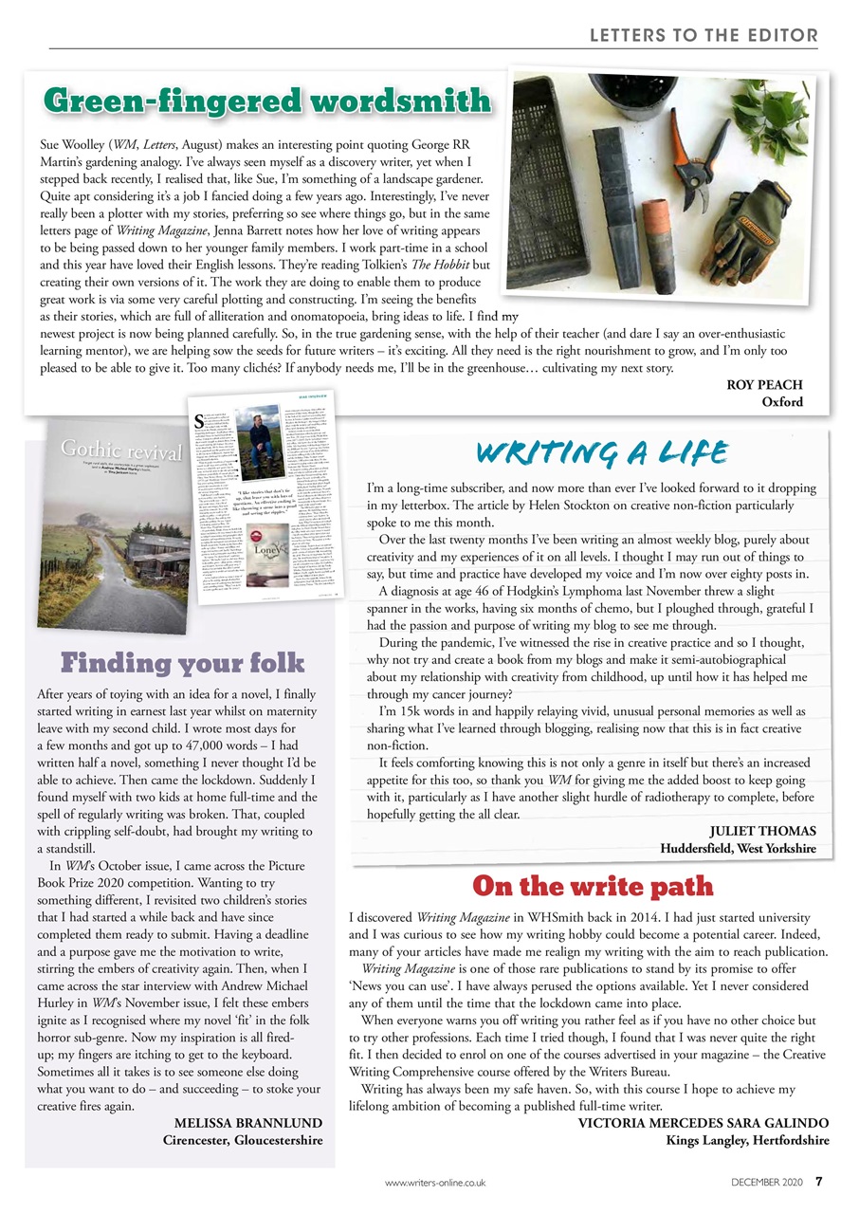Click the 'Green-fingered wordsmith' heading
(x=267, y=101)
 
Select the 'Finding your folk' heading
(x=183, y=662)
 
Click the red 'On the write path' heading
(x=592, y=886)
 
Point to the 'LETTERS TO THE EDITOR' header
(x=703, y=36)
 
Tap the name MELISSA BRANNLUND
(x=248, y=1123)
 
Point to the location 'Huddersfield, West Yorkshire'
(x=738, y=848)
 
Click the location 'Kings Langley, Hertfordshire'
(x=747, y=1139)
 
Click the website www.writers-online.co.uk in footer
(x=435, y=1182)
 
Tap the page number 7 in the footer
(x=819, y=1182)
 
